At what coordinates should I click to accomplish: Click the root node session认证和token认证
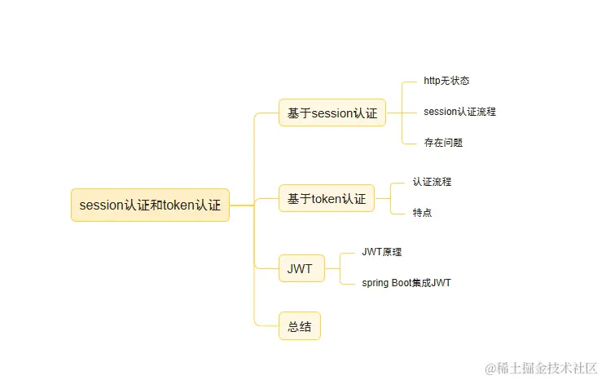150,205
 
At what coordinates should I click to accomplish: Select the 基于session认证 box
332,113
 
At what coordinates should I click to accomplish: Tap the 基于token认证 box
326,197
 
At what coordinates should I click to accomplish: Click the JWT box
300,267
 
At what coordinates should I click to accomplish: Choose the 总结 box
299,327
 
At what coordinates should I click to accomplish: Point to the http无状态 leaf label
446,82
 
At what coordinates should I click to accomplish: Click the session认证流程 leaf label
459,112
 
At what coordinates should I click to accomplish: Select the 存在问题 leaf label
443,143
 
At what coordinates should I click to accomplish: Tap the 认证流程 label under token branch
432,182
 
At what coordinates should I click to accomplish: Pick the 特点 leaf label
422,213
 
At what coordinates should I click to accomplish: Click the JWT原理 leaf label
382,252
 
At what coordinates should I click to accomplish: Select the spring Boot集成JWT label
406,283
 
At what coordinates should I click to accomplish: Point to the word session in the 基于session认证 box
330,113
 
